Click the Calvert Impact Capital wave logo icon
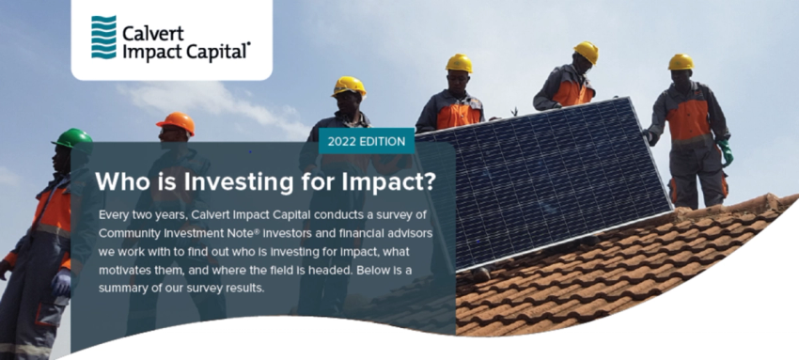(x=103, y=37)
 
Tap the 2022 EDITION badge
(x=368, y=141)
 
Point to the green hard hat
(x=72, y=138)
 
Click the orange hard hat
(x=176, y=122)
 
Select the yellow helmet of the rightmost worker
(x=681, y=62)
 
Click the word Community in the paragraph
(x=136, y=233)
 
